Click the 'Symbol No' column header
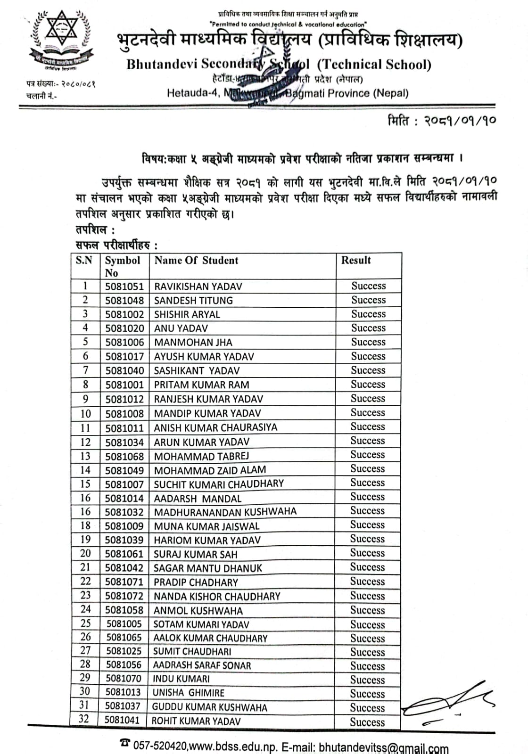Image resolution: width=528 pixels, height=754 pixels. coord(122,266)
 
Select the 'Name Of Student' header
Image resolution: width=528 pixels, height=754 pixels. coord(196,260)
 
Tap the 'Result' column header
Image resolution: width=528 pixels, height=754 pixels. coord(356,260)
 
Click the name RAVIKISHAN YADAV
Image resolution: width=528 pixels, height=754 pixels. coord(198,287)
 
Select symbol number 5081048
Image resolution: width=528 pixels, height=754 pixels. coord(124,301)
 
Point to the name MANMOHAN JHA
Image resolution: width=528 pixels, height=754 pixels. coord(193,343)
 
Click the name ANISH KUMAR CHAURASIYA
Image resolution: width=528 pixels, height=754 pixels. coord(215,427)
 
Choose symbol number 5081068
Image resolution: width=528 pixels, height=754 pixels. coord(124,456)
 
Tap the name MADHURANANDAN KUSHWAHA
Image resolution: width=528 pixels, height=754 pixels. coord(225,512)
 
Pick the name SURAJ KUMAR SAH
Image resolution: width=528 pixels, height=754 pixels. coord(195,554)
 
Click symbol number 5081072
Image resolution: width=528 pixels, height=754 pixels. coord(124,596)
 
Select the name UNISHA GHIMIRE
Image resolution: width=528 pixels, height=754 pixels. coord(188,693)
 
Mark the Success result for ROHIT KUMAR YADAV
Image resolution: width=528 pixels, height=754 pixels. coord(367,722)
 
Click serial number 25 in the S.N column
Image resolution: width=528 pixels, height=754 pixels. coord(85,623)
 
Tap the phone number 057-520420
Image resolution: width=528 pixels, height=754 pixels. coord(161,746)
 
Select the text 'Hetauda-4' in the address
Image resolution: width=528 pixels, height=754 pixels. coord(192,93)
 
